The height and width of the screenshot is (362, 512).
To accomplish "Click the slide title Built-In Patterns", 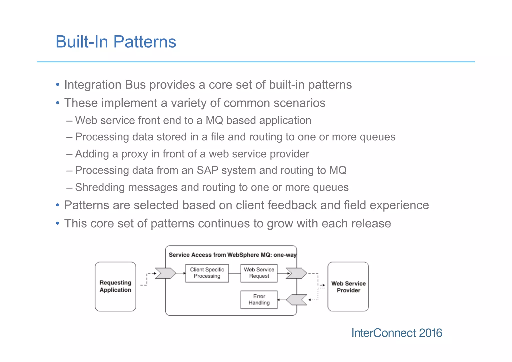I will tap(116, 42).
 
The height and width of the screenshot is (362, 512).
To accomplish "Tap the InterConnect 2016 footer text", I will tap(396, 333).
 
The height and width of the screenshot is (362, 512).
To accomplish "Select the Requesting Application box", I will tap(115, 286).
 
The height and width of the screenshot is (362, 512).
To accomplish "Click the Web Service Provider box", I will tap(348, 287).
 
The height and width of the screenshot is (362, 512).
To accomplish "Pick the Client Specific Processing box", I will tap(207, 273).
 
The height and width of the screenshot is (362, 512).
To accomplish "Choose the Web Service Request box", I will tap(259, 273).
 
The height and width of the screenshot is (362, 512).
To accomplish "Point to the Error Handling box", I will tap(259, 299).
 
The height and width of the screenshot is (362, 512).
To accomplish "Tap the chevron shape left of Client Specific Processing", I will tap(165, 273).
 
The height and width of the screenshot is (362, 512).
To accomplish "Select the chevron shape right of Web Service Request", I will tap(296, 273).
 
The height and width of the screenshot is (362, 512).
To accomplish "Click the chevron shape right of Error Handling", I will tap(297, 300).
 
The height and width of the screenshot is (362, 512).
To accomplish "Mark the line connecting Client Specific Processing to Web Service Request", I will tap(234, 273).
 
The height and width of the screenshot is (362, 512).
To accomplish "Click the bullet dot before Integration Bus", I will tap(58, 85).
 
